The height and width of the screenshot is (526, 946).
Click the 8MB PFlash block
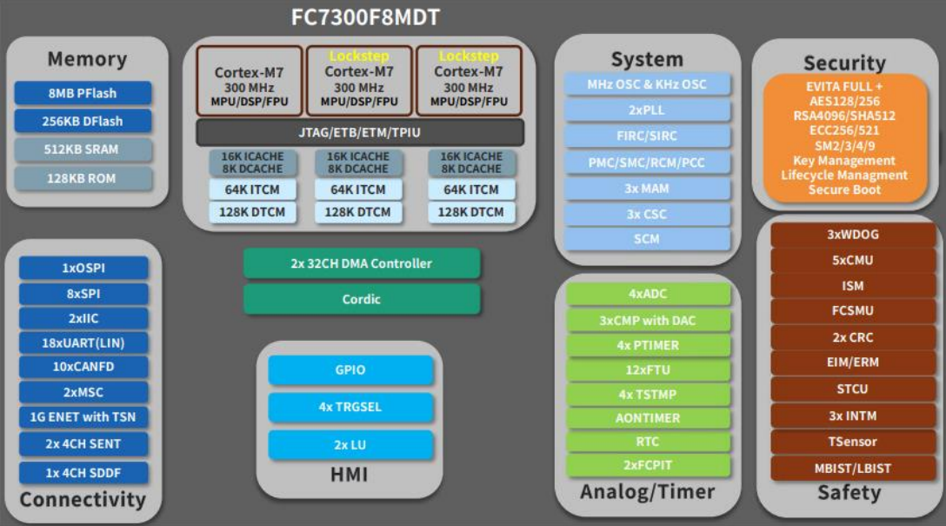[83, 93]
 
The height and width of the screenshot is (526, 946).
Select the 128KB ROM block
[83, 178]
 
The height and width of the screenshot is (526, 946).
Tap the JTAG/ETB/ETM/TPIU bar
[360, 132]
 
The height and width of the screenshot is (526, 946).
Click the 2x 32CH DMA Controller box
[362, 263]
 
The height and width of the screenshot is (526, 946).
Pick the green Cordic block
[362, 299]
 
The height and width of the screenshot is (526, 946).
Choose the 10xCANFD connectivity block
[83, 367]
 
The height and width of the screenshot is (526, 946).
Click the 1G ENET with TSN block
[83, 416]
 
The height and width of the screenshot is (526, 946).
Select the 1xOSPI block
[83, 268]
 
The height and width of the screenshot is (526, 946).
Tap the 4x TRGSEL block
[350, 407]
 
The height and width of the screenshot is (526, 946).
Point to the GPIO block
[350, 370]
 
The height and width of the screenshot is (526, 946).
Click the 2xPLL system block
[647, 110]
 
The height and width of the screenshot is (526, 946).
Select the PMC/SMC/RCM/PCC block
[647, 162]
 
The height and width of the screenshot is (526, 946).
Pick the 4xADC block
[648, 294]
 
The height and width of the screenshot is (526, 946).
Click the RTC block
[648, 442]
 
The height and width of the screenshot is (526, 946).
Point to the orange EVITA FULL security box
[844, 137]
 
